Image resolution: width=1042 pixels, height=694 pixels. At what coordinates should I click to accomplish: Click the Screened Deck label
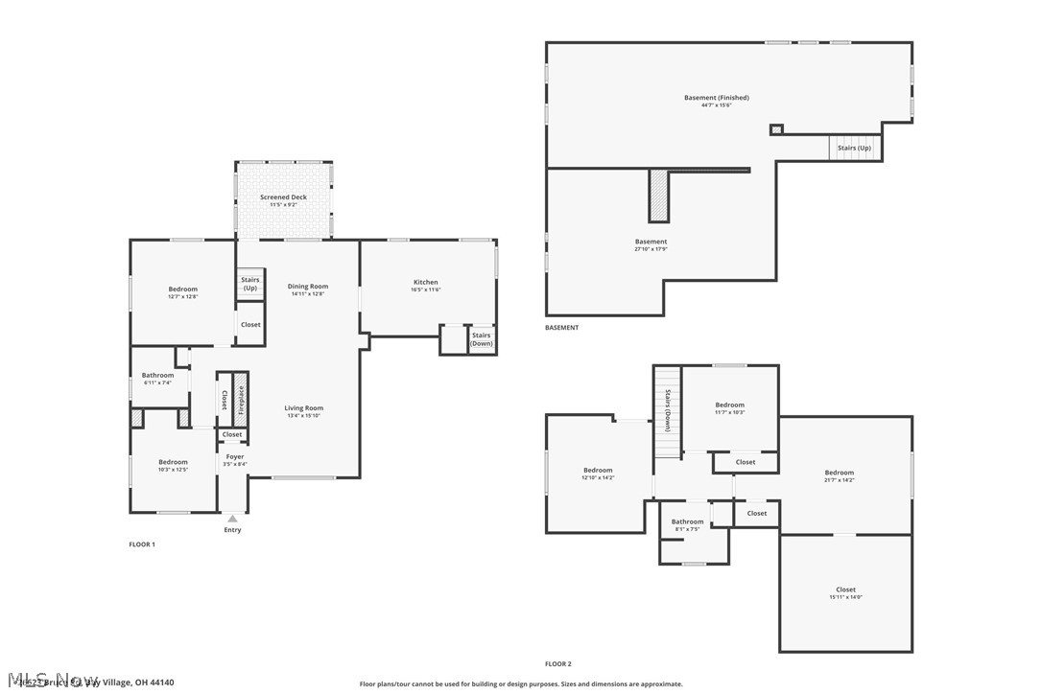[x=283, y=197]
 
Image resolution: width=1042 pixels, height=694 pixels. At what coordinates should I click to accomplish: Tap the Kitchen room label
[x=426, y=283]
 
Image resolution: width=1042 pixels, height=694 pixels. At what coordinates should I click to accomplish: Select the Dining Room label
[x=308, y=287]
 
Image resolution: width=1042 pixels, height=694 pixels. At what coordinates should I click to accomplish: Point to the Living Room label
[x=303, y=408]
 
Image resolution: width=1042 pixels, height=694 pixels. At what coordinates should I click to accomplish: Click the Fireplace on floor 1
[x=241, y=399]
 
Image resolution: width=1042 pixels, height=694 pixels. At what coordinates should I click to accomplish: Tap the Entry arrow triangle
[x=232, y=519]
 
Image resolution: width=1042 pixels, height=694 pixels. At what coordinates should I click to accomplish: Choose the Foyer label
[x=235, y=457]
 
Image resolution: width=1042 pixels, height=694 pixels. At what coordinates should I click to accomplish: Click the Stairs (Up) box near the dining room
[x=249, y=284]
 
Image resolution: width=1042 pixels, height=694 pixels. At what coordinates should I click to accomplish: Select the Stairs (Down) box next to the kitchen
[x=482, y=339]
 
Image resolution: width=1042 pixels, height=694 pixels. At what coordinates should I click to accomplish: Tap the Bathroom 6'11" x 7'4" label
[x=157, y=376]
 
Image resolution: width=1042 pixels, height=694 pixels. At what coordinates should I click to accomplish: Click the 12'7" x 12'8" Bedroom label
[x=182, y=289]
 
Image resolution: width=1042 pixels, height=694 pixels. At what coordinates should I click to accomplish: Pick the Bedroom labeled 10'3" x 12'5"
[x=173, y=462]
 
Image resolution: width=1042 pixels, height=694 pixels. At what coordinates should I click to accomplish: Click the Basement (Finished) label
[x=716, y=98]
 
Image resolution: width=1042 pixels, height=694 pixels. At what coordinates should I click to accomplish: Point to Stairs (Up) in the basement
[x=854, y=149]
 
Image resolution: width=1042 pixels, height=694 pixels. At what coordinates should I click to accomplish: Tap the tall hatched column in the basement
[x=658, y=196]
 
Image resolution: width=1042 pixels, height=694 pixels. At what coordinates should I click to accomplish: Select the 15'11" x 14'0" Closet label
[x=845, y=590]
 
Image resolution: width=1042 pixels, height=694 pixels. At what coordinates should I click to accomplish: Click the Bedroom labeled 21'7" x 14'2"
[x=839, y=473]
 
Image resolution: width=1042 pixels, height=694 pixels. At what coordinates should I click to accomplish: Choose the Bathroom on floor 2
[x=687, y=522]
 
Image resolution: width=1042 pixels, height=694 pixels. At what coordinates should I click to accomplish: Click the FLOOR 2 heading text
[x=558, y=663]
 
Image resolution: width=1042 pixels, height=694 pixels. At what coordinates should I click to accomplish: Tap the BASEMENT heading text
[x=561, y=328]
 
